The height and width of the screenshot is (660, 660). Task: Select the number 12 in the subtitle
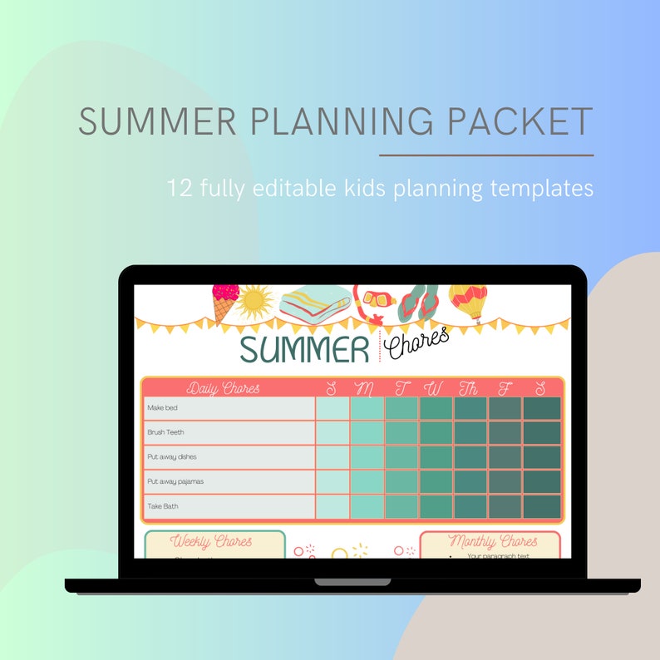tap(180, 187)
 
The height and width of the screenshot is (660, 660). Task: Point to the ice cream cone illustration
tap(224, 302)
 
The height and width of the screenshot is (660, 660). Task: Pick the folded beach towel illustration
tap(314, 304)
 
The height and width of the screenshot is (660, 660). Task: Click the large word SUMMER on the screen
tap(303, 350)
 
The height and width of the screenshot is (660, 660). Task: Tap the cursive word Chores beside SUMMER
tap(420, 342)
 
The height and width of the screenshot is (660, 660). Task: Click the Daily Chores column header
tap(223, 388)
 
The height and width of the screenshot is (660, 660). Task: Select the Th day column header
tap(470, 388)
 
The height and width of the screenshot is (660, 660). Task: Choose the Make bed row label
tap(163, 408)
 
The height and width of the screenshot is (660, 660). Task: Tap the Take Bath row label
tap(163, 506)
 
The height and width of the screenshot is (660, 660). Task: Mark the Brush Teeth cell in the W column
tap(436, 433)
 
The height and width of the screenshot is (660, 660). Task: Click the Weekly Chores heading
tap(211, 542)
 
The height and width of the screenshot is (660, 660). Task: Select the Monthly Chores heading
tap(492, 542)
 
